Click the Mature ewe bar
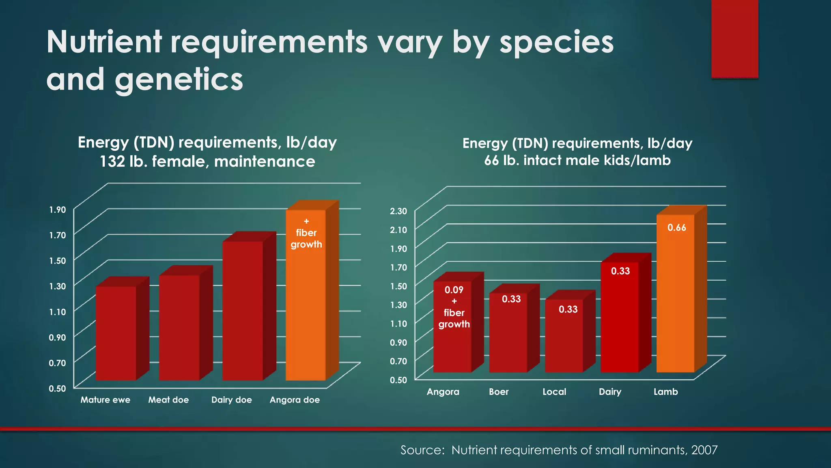click(116, 333)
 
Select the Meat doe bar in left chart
click(179, 327)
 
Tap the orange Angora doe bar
click(306, 309)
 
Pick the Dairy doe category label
click(231, 400)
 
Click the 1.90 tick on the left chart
click(57, 210)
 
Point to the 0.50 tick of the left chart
click(57, 388)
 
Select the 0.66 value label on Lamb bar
click(677, 228)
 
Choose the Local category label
click(554, 392)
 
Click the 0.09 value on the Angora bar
click(454, 290)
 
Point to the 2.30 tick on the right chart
click(398, 211)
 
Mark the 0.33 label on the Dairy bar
click(620, 271)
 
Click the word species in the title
click(556, 42)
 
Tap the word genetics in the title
click(179, 80)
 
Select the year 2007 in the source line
click(704, 450)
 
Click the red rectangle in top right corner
click(734, 39)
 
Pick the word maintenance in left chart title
click(265, 162)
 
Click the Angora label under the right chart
click(443, 392)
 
